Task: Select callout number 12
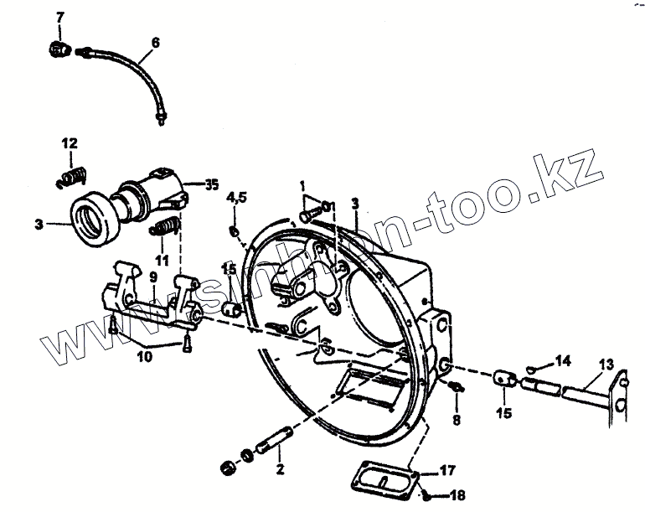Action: pos(69,143)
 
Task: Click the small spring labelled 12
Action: pos(74,177)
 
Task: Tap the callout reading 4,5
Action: pos(237,198)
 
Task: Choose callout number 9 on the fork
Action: pos(153,276)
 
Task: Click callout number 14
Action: pos(562,359)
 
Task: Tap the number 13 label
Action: pos(605,364)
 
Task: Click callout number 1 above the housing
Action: pos(303,184)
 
